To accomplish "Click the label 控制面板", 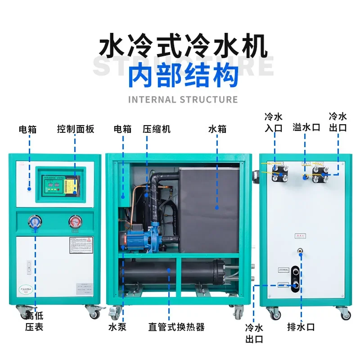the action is tap(76, 129).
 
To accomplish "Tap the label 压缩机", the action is tap(157, 129).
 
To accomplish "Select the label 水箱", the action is tap(217, 129).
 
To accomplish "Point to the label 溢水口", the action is tap(306, 127).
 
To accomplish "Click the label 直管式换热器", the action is tap(176, 327).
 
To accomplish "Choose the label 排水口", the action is tap(301, 327).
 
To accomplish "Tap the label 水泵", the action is tap(117, 327).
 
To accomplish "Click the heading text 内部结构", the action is tap(183, 76).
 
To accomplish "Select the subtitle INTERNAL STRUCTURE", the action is tap(183, 99).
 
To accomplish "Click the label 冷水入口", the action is tap(273, 122).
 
